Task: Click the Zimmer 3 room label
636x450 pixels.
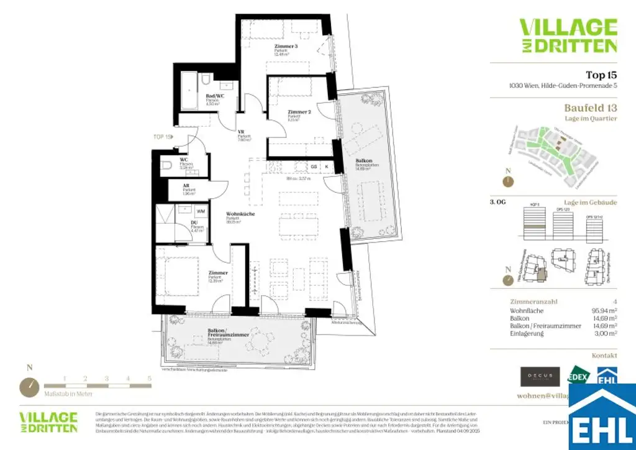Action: (286, 47)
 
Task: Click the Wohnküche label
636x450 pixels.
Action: (236, 213)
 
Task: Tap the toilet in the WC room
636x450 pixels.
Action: (165, 165)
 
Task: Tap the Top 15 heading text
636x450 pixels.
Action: (601, 75)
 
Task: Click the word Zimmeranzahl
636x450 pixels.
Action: (530, 301)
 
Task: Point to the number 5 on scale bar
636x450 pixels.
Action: (149, 378)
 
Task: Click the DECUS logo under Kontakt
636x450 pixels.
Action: (535, 376)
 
